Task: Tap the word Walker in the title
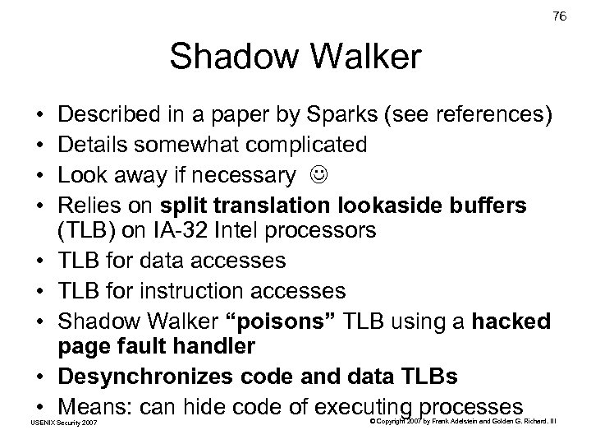tap(364, 59)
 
